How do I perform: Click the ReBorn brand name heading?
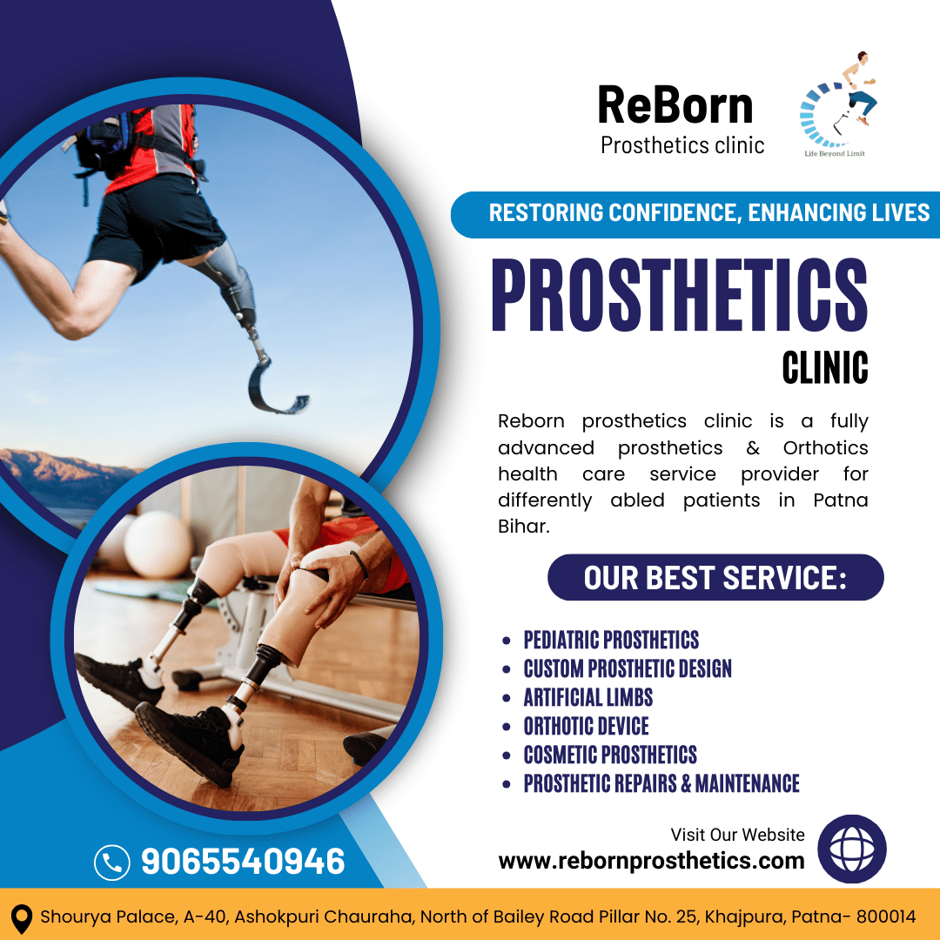tap(675, 105)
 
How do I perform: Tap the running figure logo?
tap(838, 103)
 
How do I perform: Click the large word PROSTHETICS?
tap(680, 295)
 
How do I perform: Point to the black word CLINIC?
tap(825, 367)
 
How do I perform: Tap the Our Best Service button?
tap(715, 577)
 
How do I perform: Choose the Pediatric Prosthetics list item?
tap(611, 640)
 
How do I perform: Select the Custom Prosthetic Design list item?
tap(628, 668)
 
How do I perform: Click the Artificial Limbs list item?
tap(588, 697)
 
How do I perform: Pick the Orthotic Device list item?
tap(587, 726)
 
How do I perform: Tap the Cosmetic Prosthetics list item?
tap(610, 755)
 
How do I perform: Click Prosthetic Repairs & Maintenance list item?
tap(661, 783)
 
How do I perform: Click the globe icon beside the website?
tap(852, 849)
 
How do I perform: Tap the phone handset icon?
tap(112, 863)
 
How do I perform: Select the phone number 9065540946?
tap(243, 862)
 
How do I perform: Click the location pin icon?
tap(22, 918)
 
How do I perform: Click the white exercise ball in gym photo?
tap(157, 544)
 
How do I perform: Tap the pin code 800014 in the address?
tap(885, 916)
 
